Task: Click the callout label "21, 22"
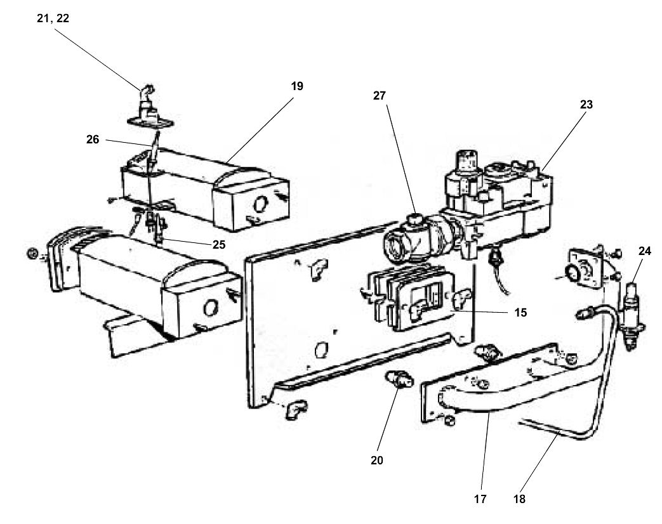point(53,18)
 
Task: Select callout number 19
point(297,86)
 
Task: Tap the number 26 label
point(93,140)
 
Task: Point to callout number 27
point(380,95)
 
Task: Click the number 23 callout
point(586,105)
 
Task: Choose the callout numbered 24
point(645,251)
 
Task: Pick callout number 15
point(520,312)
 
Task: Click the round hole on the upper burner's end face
point(260,205)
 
